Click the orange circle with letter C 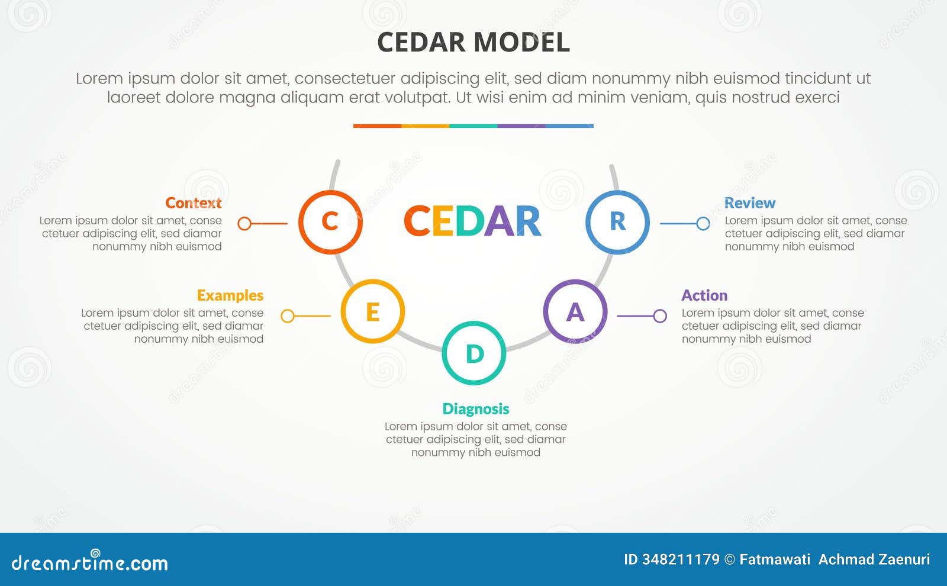(x=330, y=222)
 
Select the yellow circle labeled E (x=373, y=311)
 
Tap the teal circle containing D (x=474, y=353)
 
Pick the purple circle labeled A (x=575, y=311)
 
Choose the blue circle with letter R (x=617, y=222)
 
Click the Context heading (x=194, y=203)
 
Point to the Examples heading (x=230, y=295)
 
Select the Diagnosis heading (x=476, y=409)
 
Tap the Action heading (x=704, y=295)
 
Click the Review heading (x=750, y=203)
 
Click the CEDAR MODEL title (x=474, y=43)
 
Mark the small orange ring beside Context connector (x=244, y=223)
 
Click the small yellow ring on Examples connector (x=288, y=315)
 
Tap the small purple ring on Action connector (x=660, y=315)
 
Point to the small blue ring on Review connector (x=703, y=223)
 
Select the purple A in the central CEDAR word (x=500, y=221)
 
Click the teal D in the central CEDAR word (x=470, y=221)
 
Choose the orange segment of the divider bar (x=377, y=126)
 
